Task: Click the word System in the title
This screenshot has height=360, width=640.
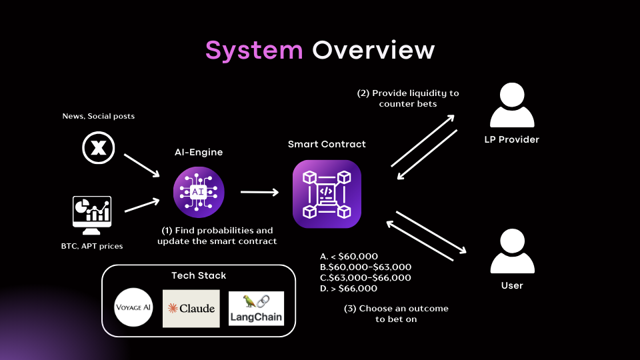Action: [x=253, y=50]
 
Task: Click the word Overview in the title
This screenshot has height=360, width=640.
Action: [x=373, y=50]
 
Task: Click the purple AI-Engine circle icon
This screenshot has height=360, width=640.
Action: [x=199, y=193]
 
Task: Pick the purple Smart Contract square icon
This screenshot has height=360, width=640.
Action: [x=327, y=194]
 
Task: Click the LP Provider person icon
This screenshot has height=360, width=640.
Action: [x=512, y=107]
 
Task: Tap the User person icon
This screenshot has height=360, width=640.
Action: [x=512, y=251]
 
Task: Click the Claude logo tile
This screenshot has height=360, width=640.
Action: [x=191, y=309]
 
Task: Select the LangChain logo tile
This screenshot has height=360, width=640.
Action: [x=256, y=309]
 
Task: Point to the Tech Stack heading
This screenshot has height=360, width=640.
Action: [x=199, y=275]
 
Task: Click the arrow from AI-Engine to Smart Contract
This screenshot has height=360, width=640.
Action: [x=259, y=193]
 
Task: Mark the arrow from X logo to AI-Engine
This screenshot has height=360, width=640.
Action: [x=141, y=165]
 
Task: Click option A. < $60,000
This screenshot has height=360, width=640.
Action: [x=349, y=257]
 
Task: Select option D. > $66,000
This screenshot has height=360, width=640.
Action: [x=349, y=289]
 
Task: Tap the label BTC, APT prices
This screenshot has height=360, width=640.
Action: [x=91, y=247]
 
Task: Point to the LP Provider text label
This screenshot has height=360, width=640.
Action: [x=512, y=140]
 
